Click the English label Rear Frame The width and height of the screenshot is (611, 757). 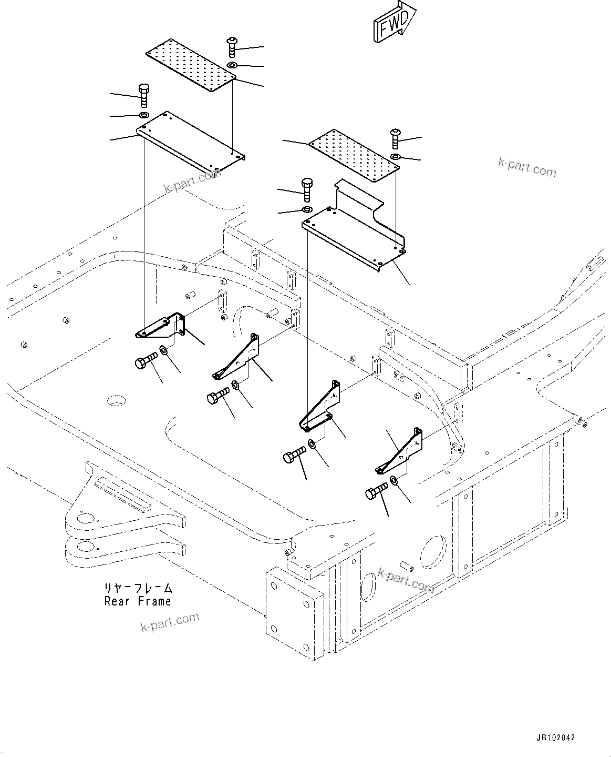tap(138, 601)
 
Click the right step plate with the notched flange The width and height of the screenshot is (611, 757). tap(357, 231)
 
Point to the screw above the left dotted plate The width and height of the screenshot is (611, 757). tap(232, 47)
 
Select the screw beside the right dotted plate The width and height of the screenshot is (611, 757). tap(396, 138)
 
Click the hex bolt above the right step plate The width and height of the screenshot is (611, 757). tap(307, 189)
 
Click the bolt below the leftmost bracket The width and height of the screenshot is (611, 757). tap(146, 361)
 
